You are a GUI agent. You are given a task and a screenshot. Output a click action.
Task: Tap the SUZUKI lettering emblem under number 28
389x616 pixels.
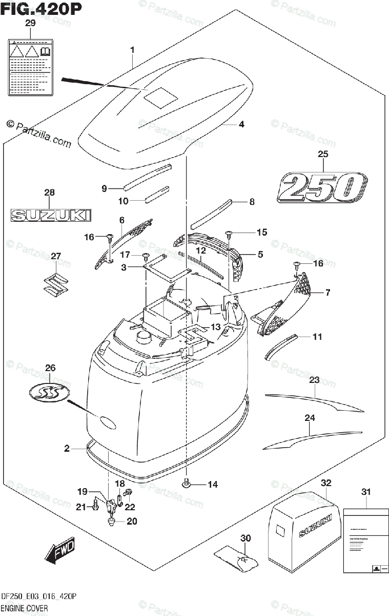51,215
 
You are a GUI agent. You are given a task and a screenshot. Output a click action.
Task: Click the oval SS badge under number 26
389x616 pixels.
50,393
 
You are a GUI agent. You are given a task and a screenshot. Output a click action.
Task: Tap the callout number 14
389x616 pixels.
213,484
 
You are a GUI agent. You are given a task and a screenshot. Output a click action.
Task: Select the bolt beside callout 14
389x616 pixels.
188,483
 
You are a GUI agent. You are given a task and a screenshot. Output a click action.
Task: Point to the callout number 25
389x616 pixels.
322,154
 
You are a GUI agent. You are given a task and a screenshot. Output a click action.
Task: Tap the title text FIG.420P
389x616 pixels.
42,9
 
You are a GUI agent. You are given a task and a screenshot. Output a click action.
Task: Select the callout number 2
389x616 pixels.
67,449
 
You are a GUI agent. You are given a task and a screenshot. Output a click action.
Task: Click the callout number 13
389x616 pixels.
215,327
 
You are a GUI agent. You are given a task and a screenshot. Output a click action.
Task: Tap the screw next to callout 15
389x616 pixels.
229,235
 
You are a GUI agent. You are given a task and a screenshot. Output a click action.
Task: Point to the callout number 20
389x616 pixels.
132,522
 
